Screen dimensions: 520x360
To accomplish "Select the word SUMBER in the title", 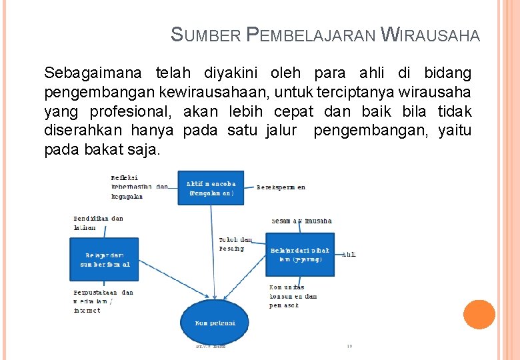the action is (206, 34).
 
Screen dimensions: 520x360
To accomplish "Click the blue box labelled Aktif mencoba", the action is (211, 188).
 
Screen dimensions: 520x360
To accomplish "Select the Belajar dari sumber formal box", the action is (105, 259).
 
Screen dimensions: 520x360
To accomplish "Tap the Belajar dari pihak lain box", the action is (300, 254).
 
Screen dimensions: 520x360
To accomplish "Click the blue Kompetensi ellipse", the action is (214, 323).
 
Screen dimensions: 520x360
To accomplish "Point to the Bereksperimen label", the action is (281, 187).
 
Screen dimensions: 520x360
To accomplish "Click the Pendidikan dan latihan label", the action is (98, 223).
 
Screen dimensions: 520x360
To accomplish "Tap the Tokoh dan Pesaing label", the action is (235, 244).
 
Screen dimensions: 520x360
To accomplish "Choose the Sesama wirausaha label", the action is (301, 221).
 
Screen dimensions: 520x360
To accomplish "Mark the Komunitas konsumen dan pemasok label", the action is (293, 296).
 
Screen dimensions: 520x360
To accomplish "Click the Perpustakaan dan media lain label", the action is (103, 301).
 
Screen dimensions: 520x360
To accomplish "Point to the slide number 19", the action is (349, 347).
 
